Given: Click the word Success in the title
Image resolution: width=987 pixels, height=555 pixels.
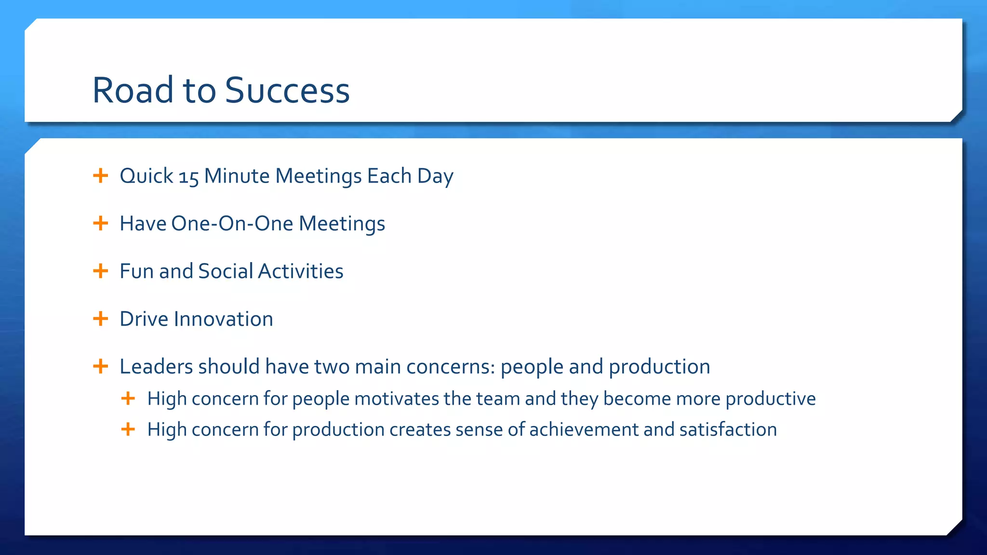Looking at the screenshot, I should tap(287, 91).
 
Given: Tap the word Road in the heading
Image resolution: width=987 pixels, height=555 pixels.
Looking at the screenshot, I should tap(133, 91).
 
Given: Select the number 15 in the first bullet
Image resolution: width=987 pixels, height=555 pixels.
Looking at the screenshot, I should tap(188, 177).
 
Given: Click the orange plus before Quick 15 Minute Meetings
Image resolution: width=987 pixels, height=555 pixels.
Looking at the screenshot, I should tap(100, 175).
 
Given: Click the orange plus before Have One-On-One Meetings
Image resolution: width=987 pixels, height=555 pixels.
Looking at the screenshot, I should tap(100, 223).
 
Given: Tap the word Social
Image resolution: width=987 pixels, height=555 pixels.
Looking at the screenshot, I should tap(226, 271).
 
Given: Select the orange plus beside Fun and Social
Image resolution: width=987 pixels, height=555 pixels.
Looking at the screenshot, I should tap(100, 271).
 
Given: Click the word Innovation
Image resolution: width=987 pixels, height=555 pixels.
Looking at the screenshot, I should tap(223, 319).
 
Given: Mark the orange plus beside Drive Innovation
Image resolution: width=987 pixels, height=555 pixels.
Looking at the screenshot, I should tap(100, 318).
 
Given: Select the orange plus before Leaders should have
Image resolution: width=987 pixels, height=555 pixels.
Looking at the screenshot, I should tap(100, 366).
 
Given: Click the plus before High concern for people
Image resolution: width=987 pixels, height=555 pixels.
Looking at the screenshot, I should tap(128, 398).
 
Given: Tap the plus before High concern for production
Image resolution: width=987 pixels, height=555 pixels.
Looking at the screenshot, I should tap(128, 429).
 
